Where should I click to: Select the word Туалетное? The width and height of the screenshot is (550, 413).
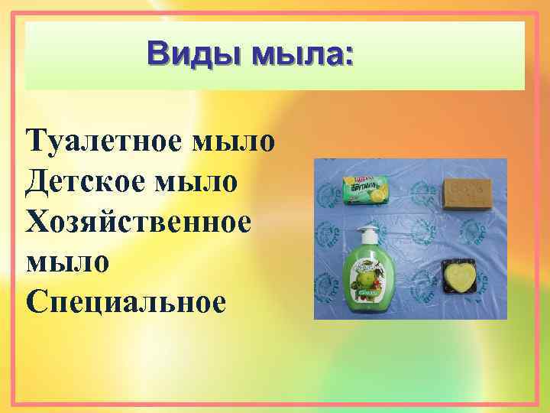102,142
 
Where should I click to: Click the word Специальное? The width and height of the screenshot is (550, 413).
125,301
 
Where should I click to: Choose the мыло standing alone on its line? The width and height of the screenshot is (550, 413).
67,262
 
